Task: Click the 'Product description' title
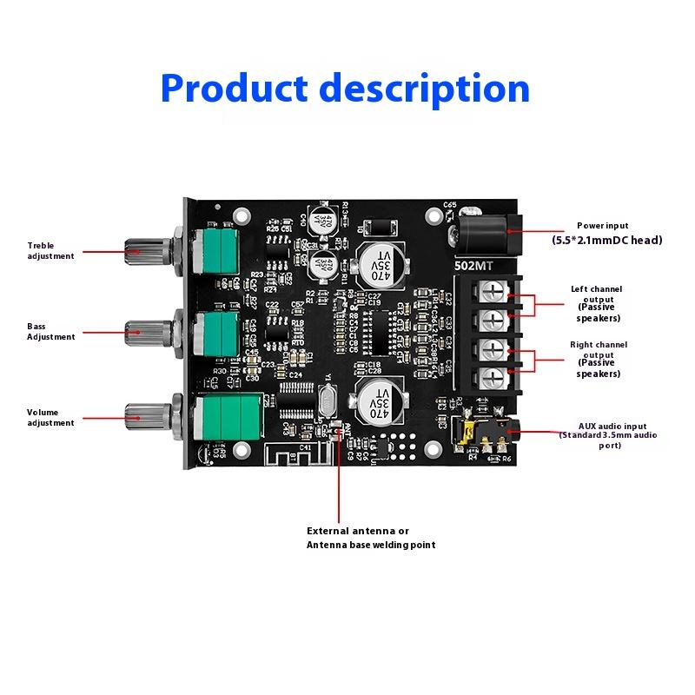tap(345, 88)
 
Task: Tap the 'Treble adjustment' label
tap(50, 250)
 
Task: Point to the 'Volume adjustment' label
tap(50, 417)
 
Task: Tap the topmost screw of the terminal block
tap(493, 291)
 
